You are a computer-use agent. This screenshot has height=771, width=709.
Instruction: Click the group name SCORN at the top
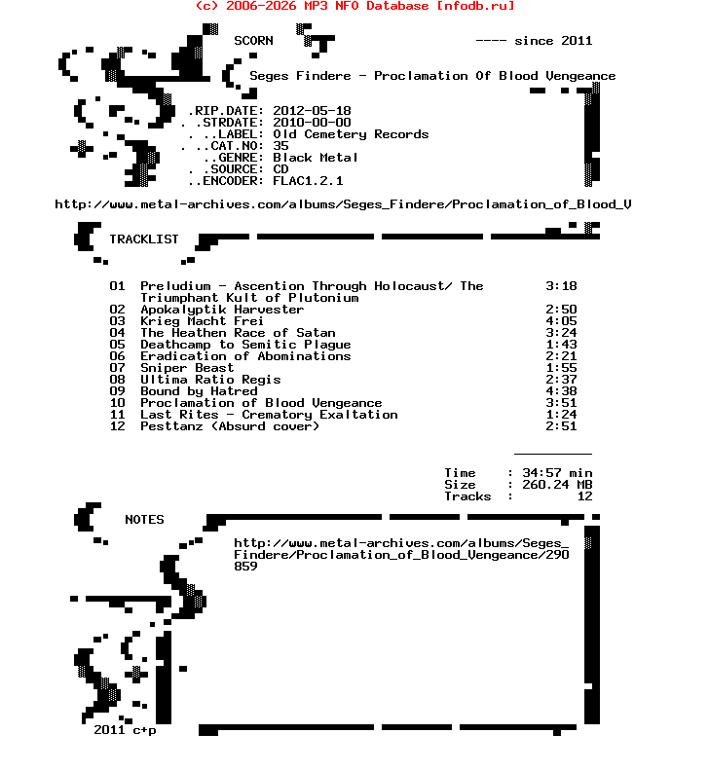click(253, 41)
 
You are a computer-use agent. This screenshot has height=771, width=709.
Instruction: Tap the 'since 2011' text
click(553, 41)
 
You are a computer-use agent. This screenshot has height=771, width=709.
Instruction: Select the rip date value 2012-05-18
click(312, 111)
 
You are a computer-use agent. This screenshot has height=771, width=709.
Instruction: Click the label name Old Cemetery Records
click(351, 134)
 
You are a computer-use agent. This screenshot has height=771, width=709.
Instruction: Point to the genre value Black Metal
click(316, 158)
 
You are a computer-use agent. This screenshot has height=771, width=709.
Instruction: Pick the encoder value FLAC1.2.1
click(308, 181)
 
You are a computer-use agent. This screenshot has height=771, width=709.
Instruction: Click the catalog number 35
click(280, 146)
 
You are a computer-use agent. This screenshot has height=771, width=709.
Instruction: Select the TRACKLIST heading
click(144, 239)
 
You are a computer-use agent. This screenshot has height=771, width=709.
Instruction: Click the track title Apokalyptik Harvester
click(222, 310)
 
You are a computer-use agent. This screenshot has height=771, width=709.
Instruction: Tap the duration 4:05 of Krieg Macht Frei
click(561, 321)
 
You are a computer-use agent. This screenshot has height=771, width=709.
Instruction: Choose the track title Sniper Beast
click(187, 368)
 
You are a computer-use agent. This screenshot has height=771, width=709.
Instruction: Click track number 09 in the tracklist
click(117, 391)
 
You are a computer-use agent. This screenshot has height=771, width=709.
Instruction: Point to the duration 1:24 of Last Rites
click(561, 415)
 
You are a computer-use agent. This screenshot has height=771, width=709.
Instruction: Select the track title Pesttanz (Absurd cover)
click(230, 426)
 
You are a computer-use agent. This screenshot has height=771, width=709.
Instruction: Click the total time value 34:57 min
click(557, 473)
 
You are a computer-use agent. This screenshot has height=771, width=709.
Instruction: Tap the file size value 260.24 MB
click(557, 485)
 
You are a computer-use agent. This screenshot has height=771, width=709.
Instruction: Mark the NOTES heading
click(144, 520)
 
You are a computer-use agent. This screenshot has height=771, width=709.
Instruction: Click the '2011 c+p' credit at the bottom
click(125, 730)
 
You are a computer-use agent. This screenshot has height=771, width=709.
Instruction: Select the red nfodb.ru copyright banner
click(354, 6)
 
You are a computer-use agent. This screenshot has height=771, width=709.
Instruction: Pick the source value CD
click(280, 169)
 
